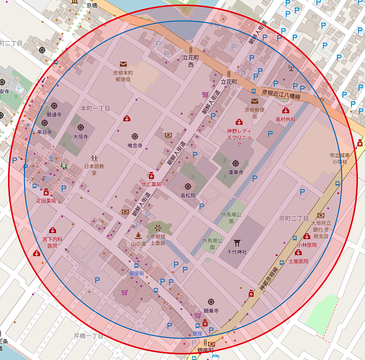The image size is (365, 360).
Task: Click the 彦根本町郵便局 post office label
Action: pos(123,76)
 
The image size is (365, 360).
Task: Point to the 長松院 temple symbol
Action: pos(188,187)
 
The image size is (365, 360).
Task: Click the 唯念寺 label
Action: pos(135,145)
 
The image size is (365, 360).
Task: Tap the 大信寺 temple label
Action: pos(80,136)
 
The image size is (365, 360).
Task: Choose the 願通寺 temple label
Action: pos(54,115)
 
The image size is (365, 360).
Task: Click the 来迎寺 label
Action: pos(44,132)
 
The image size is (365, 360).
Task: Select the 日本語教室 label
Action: pos(94,169)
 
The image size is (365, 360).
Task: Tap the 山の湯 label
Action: pos(138,244)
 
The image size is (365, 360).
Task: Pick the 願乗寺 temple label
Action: pos(211,311)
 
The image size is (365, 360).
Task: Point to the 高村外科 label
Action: pos(285,119)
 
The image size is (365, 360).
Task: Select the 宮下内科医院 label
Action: pos(53,243)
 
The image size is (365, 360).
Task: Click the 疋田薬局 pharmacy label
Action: pos(46,201)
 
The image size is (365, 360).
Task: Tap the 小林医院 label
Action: pos(307,245)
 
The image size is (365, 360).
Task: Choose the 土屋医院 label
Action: pos(298,261)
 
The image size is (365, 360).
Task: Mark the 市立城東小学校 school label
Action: pos(342,158)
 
